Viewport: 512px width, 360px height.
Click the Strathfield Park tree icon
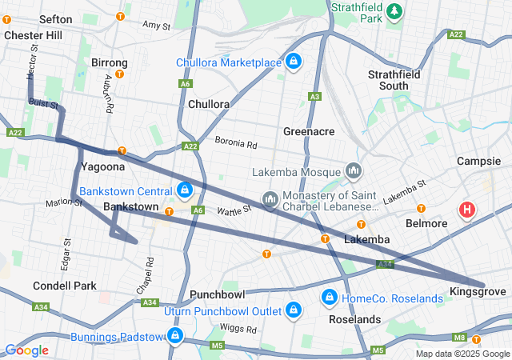[393, 11]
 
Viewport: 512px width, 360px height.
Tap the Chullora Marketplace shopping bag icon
[294, 62]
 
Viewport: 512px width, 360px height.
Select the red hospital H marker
[466, 210]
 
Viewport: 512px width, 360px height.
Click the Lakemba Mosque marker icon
[354, 171]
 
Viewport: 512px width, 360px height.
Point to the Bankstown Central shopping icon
[184, 190]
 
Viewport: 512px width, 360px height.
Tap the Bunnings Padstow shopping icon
[174, 337]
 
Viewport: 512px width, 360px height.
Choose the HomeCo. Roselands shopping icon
[328, 298]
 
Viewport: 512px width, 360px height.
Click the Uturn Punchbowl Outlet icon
[294, 310]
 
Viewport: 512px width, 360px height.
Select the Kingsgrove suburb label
[478, 292]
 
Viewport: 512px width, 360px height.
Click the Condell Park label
[65, 286]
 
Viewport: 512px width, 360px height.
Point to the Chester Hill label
[32, 35]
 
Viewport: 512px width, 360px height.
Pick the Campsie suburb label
[478, 161]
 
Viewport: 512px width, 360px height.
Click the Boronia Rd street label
[236, 144]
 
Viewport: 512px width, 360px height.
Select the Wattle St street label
[235, 210]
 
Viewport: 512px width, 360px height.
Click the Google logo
[26, 350]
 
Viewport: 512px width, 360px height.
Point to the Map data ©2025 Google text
[462, 354]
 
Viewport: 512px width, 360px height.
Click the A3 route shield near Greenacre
[314, 97]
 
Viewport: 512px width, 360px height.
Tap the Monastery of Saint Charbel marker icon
[270, 198]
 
